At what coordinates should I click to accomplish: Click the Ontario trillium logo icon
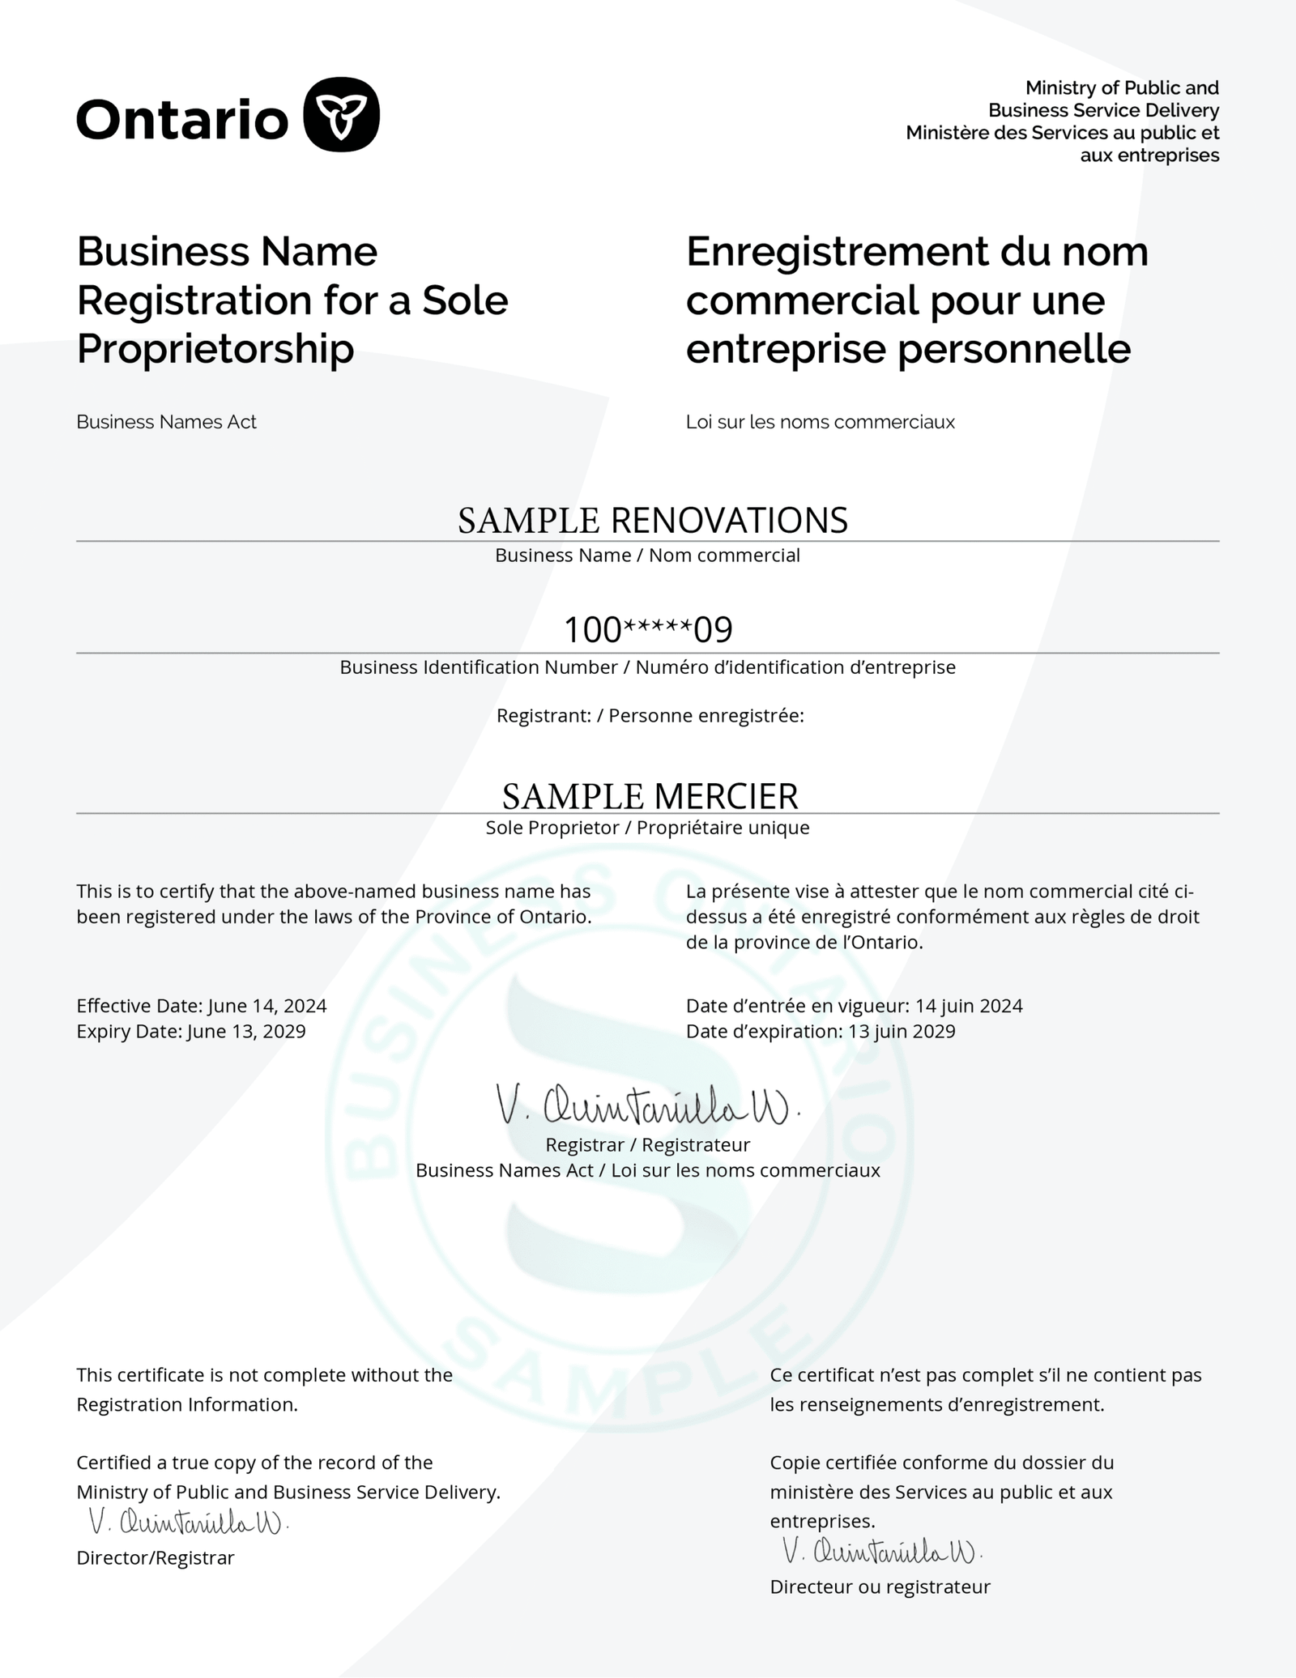[341, 114]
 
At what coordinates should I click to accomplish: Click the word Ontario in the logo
[182, 119]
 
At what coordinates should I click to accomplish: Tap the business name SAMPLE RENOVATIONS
[653, 520]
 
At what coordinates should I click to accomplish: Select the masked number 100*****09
[648, 630]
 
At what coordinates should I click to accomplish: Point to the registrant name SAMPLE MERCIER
[650, 796]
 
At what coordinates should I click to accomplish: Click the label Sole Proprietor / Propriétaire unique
[647, 828]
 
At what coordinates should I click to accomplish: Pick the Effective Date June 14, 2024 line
[202, 1006]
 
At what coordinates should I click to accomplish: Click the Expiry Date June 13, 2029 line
[191, 1032]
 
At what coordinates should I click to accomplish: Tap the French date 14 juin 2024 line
[854, 1006]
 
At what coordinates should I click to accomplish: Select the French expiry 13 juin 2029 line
[821, 1032]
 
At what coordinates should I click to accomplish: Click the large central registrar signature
[647, 1106]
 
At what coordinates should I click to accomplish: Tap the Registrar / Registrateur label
[647, 1145]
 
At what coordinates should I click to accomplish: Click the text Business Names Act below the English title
[166, 422]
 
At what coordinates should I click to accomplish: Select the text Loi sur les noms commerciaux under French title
[820, 422]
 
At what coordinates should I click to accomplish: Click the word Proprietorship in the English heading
[215, 349]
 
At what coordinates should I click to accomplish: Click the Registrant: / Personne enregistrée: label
[650, 716]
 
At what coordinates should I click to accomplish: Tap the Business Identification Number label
[479, 667]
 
